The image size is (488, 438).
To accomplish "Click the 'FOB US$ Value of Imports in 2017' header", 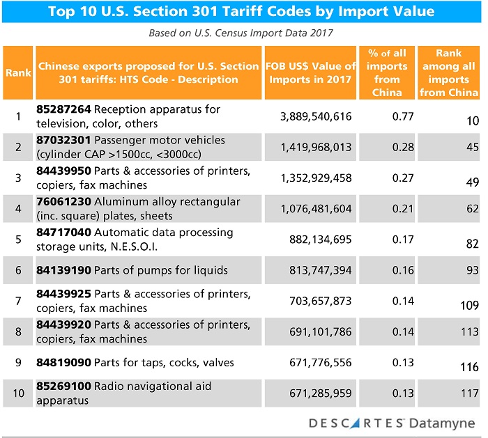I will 311,72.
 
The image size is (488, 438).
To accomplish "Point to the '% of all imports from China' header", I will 386,72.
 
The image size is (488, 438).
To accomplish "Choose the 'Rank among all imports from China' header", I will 449,72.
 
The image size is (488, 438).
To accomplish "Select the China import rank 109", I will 468,305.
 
